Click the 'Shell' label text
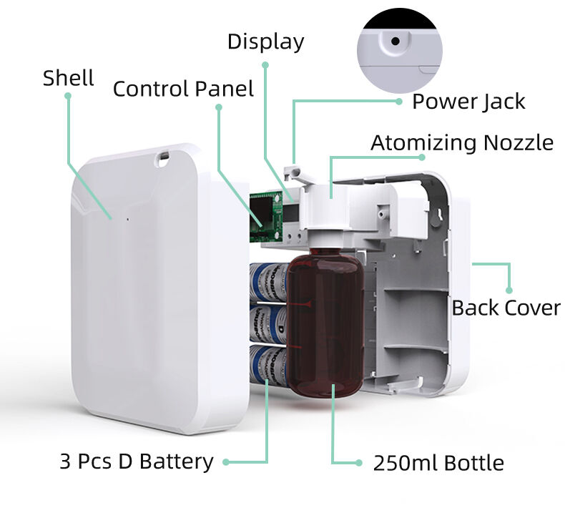pyautogui.click(x=68, y=77)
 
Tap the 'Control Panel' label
pyautogui.click(x=183, y=89)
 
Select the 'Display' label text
pyautogui.click(x=265, y=41)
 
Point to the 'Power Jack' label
pyautogui.click(x=468, y=102)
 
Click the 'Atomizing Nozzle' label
pyautogui.click(x=461, y=142)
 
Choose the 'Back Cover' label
pyautogui.click(x=506, y=308)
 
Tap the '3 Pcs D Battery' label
pyautogui.click(x=136, y=461)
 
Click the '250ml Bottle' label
pyautogui.click(x=438, y=463)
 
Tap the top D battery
pyautogui.click(x=269, y=282)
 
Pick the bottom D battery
pyautogui.click(x=267, y=363)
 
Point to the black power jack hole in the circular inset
pyautogui.click(x=394, y=41)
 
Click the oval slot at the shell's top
pyautogui.click(x=163, y=154)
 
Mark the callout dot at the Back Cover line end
pyautogui.click(x=509, y=290)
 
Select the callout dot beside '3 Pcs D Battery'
pyautogui.click(x=226, y=462)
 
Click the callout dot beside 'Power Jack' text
pyautogui.click(x=399, y=102)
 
